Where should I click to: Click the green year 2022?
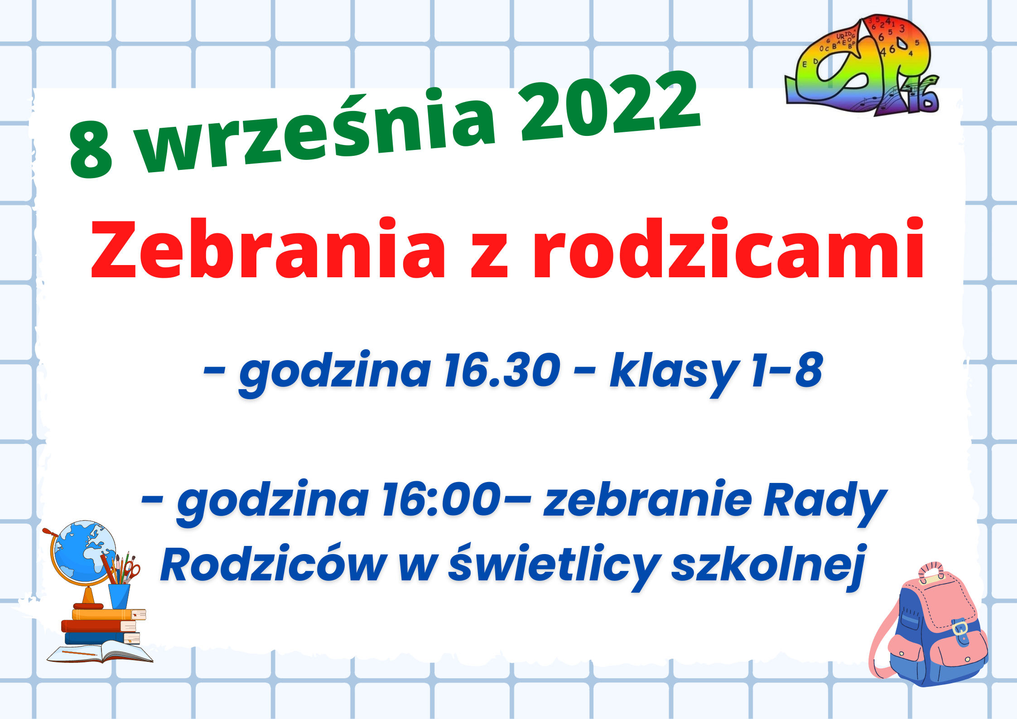(611, 105)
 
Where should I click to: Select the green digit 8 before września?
(91, 150)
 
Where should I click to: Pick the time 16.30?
(502, 371)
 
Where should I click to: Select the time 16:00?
(442, 499)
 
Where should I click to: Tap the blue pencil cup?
(119, 596)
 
